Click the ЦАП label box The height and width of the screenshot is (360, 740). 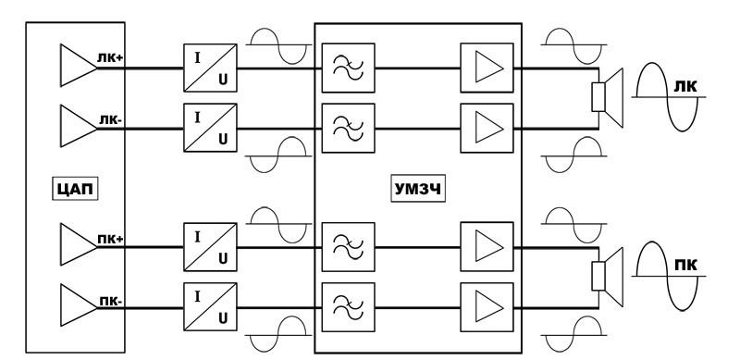[75, 189]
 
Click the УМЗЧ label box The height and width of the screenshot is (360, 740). [418, 189]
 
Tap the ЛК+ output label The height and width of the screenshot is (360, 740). [110, 58]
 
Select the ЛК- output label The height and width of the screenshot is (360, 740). [110, 119]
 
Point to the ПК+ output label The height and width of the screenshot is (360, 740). [110, 239]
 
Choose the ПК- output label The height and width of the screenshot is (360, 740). [111, 301]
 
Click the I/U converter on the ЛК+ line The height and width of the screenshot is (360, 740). [210, 68]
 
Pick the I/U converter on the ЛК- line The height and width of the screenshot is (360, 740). [210, 128]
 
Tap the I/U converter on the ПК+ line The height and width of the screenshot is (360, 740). [210, 246]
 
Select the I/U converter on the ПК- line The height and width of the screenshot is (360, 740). [210, 306]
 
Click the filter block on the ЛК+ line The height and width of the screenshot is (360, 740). [349, 68]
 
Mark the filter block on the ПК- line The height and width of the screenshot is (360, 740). [349, 307]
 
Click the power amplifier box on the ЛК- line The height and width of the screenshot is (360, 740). [487, 128]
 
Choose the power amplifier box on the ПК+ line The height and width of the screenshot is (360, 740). [487, 246]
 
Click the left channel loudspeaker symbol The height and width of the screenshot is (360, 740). [608, 97]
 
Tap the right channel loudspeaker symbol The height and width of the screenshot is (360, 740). [608, 277]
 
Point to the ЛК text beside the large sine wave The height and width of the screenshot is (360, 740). [685, 86]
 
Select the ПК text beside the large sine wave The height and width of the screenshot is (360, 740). [685, 265]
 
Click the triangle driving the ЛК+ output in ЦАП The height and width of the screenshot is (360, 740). [79, 65]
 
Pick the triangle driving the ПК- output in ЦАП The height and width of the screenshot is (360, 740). [79, 305]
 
